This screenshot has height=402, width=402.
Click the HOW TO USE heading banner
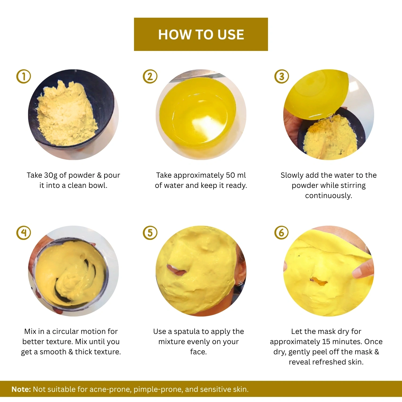(x=201, y=34)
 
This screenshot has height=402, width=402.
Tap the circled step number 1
(x=24, y=76)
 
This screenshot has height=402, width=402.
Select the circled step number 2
(x=150, y=76)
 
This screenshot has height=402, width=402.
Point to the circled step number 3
(x=281, y=76)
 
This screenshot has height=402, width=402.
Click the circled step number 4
(x=24, y=233)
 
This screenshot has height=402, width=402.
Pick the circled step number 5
(x=150, y=233)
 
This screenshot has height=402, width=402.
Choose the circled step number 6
(x=281, y=233)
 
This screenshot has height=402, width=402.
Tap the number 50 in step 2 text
(x=230, y=175)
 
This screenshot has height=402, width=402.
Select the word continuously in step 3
(x=329, y=196)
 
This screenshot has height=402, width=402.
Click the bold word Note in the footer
(x=21, y=389)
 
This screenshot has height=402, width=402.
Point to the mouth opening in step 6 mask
(x=319, y=281)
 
